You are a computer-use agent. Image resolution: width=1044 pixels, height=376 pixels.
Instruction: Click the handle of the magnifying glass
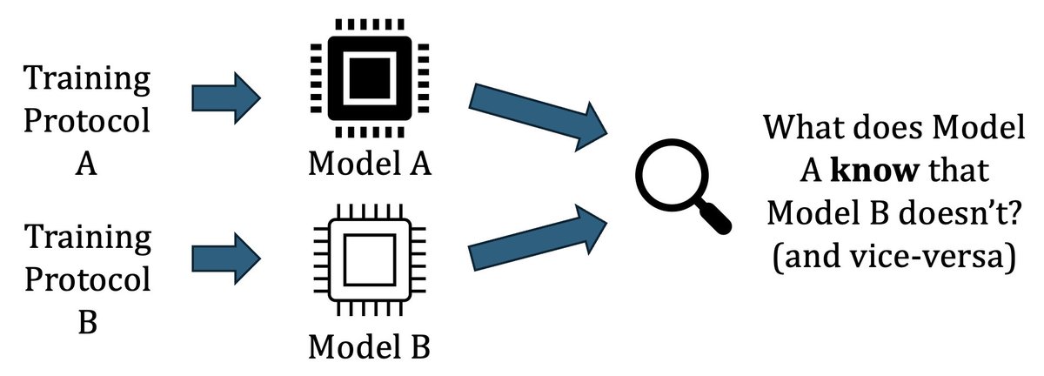713,217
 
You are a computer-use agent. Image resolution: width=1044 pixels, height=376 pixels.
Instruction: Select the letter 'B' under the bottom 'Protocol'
86,322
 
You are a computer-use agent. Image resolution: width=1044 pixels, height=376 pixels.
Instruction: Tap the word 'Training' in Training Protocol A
86,80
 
